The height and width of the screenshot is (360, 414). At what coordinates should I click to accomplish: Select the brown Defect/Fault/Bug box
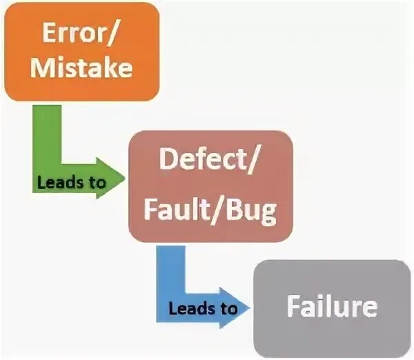(211, 186)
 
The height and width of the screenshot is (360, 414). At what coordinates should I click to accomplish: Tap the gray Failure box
(332, 308)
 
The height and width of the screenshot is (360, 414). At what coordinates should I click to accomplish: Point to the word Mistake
(82, 69)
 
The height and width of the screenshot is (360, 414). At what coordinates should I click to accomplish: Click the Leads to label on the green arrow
(71, 183)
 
